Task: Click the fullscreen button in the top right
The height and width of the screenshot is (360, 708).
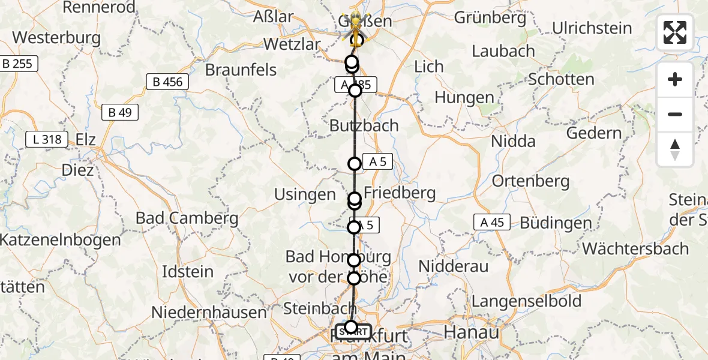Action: (x=675, y=32)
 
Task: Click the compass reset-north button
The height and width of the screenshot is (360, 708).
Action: (x=675, y=149)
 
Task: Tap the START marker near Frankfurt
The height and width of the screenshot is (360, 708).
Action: (x=353, y=332)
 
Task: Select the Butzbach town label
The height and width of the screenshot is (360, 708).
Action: (x=364, y=125)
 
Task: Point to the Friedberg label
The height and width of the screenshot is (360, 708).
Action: (x=399, y=193)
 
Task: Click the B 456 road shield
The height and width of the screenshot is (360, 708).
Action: (x=168, y=82)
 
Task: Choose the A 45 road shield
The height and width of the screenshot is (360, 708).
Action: (x=491, y=222)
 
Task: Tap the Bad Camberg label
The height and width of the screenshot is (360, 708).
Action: (x=187, y=218)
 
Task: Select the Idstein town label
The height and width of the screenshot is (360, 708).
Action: (x=188, y=272)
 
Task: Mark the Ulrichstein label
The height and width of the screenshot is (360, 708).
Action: (x=592, y=28)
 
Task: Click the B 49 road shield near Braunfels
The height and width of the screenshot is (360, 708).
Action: (x=120, y=112)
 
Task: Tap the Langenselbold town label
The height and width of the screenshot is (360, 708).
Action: (x=527, y=301)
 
